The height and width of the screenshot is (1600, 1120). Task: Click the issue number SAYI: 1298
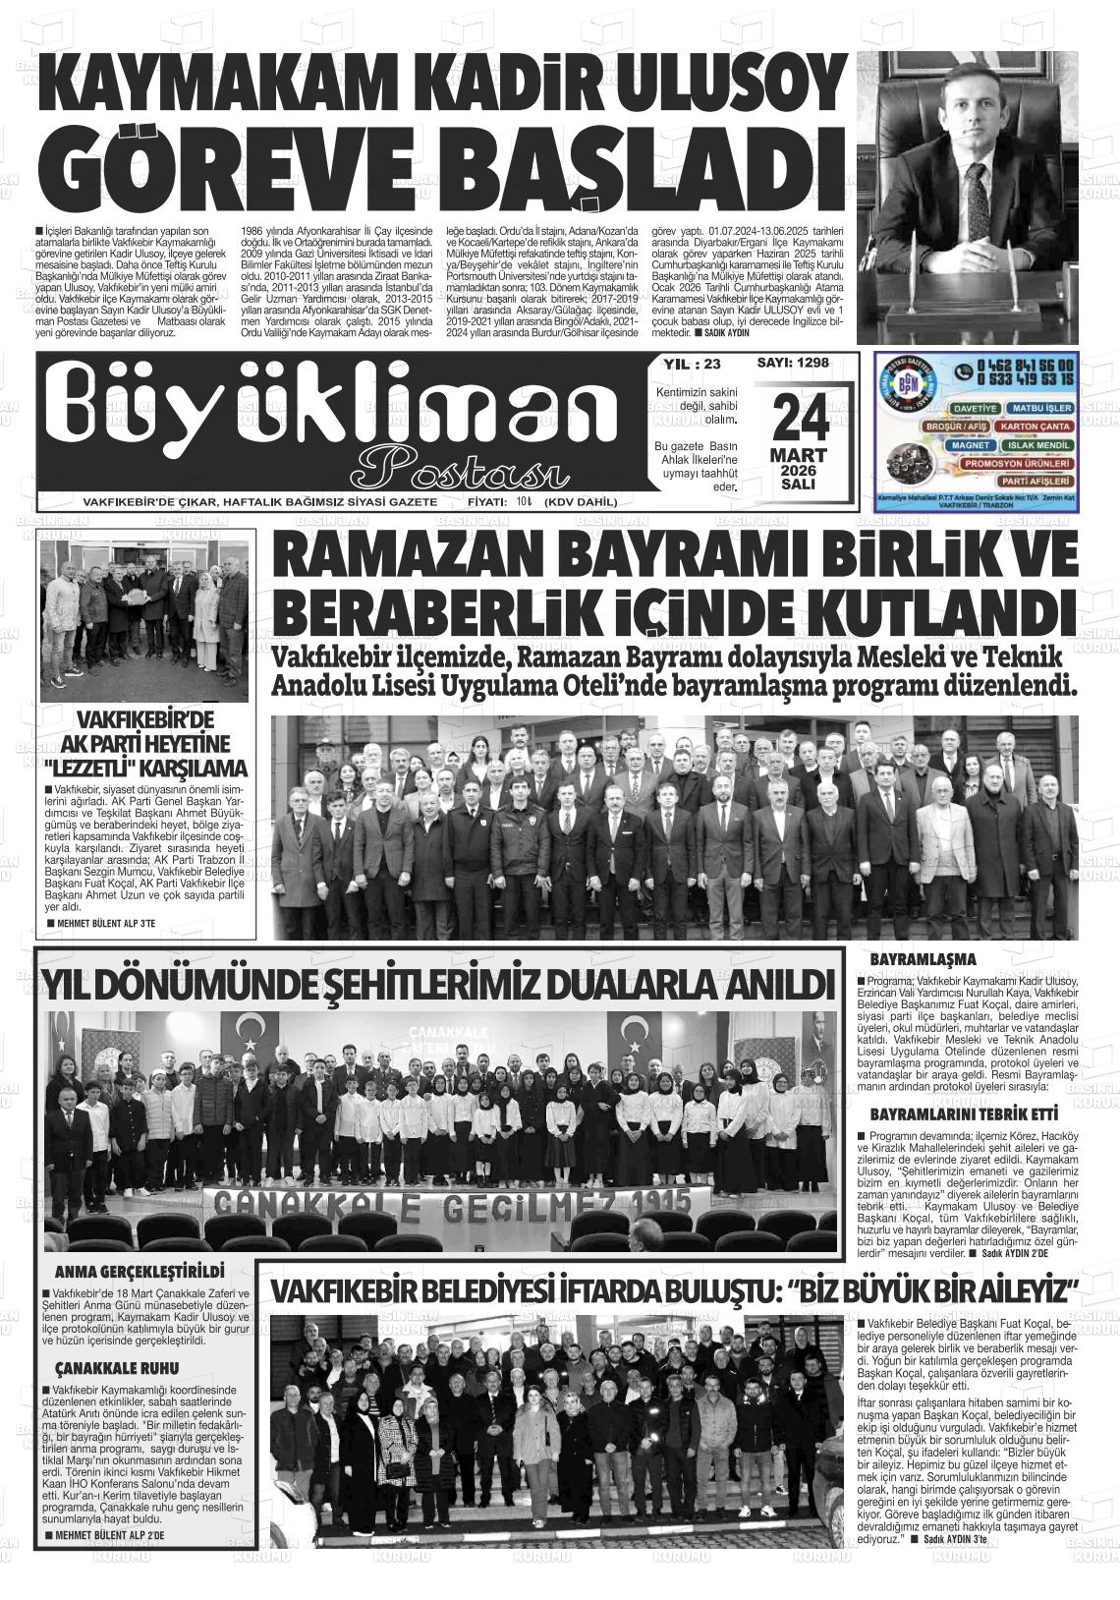click(x=793, y=363)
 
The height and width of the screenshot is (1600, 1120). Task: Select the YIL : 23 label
click(x=692, y=364)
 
